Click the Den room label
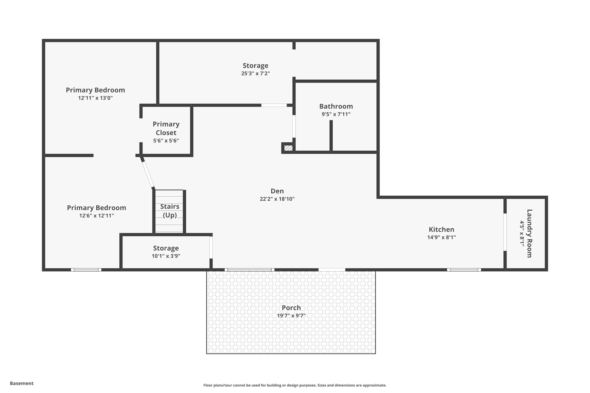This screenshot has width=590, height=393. (x=277, y=191)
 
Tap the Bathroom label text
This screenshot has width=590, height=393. (x=336, y=106)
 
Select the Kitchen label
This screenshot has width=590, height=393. (x=442, y=230)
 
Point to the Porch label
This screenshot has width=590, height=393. (x=291, y=308)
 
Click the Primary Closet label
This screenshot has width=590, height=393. (x=166, y=128)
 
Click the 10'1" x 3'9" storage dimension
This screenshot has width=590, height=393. (x=166, y=256)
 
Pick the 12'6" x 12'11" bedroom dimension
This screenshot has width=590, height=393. (x=97, y=216)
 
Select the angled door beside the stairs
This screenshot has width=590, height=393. (x=147, y=173)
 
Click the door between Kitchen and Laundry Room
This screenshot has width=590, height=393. (x=505, y=232)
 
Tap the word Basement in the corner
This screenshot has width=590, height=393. (x=22, y=383)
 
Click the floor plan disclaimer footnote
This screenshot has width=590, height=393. (x=295, y=385)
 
